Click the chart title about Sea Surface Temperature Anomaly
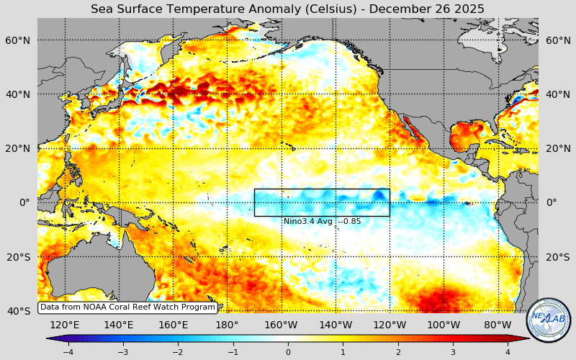coord(287,9)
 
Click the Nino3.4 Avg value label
coord(322,221)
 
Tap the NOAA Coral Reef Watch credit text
coord(127,307)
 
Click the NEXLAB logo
coord(549,320)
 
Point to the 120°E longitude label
coord(65,325)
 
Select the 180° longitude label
coord(227,325)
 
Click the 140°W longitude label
coord(336,325)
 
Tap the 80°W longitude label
coord(498,325)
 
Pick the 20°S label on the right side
coord(557,257)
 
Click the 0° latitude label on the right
coord(552,202)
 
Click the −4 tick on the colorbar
coord(68,351)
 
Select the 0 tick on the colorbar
coord(288,351)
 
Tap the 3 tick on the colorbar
coord(453,351)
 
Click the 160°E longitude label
coord(173,325)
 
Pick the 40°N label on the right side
coord(557,94)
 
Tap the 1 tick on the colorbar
coord(343,351)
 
